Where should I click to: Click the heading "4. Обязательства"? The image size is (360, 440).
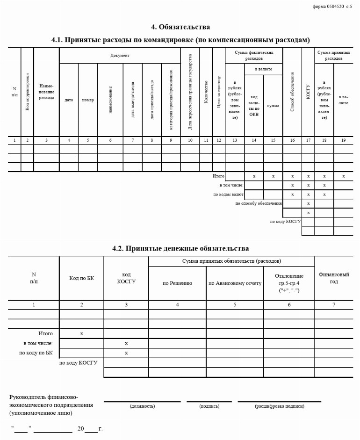[180, 27]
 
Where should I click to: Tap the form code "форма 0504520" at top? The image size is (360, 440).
[328, 7]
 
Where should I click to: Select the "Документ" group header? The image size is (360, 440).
[120, 56]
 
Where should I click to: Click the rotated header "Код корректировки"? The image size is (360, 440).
[28, 92]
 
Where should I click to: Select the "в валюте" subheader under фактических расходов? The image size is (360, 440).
[263, 69]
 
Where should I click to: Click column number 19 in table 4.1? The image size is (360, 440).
[343, 140]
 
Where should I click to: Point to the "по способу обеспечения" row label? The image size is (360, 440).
[259, 203]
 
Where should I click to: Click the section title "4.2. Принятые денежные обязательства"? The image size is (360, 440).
[180, 248]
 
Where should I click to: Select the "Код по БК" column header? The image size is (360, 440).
[81, 278]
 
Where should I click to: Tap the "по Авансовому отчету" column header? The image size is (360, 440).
[235, 283]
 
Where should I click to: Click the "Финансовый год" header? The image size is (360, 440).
[333, 278]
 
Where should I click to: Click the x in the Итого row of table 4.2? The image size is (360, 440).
[81, 334]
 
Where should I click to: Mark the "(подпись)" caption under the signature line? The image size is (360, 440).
[209, 406]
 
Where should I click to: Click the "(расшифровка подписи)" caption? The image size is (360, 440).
[279, 406]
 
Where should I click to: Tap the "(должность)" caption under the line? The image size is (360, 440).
[142, 406]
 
